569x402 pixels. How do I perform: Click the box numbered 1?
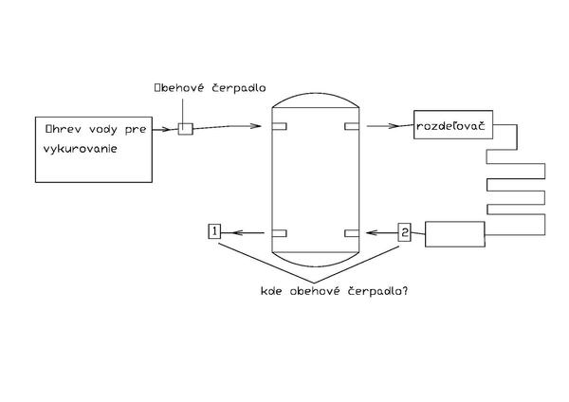[x=214, y=231]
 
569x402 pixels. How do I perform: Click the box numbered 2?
[x=405, y=231]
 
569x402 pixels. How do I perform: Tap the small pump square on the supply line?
[x=185, y=128]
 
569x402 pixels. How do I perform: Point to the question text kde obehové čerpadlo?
[x=334, y=291]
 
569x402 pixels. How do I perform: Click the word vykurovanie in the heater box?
[x=80, y=147]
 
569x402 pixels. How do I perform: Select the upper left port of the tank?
[x=279, y=126]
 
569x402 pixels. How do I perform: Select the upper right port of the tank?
[x=352, y=126]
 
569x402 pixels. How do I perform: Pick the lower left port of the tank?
[x=279, y=232]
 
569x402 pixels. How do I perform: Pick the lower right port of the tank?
[x=352, y=232]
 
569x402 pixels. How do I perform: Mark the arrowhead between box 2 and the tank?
[x=373, y=232]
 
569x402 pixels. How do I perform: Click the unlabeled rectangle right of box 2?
[x=454, y=233]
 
